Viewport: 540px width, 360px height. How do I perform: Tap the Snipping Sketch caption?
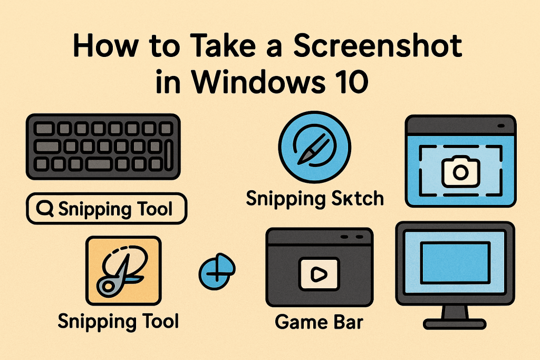click(315, 200)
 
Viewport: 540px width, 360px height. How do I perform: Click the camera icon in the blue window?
click(460, 170)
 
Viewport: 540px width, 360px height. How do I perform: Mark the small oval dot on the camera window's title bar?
click(500, 127)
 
